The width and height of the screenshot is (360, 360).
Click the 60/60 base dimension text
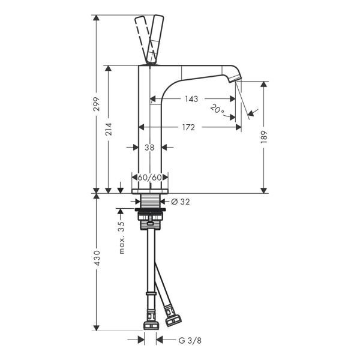click(x=150, y=178)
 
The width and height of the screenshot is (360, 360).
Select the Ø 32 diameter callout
click(x=180, y=202)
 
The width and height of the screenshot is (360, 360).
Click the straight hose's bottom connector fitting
click(x=150, y=325)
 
